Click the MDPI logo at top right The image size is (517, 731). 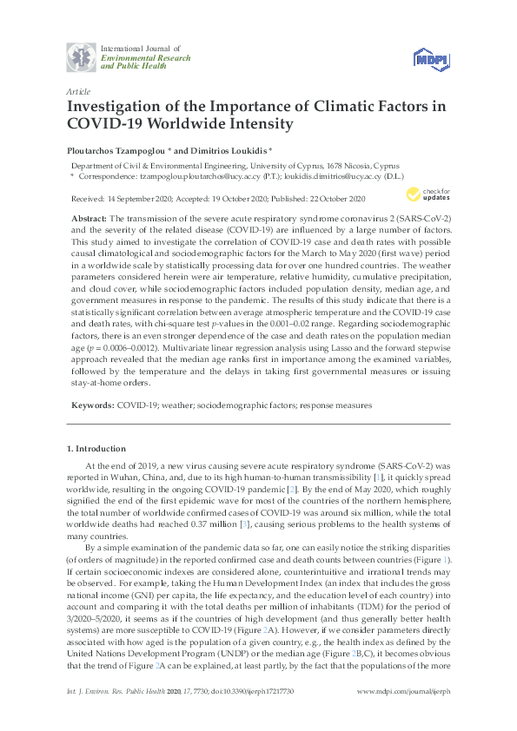(x=431, y=58)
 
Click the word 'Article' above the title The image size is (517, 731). (x=78, y=90)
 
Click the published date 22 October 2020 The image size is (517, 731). (x=355, y=197)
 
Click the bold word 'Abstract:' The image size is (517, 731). (x=89, y=217)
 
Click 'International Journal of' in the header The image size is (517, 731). (x=139, y=47)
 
